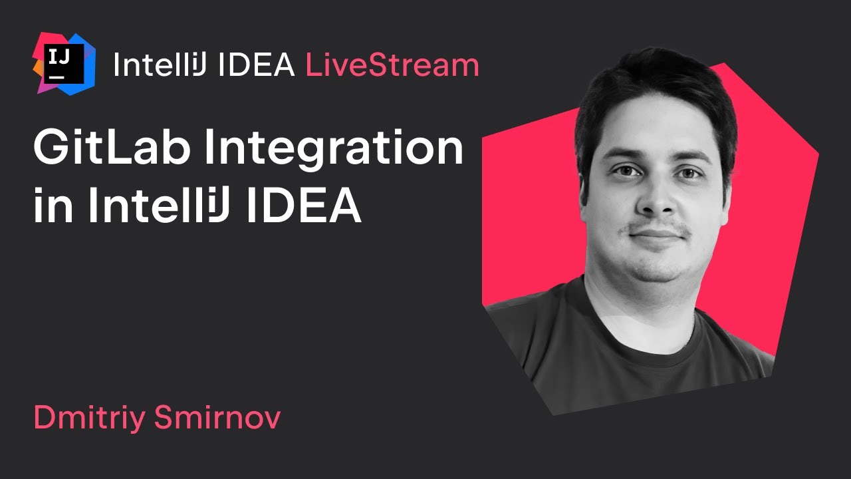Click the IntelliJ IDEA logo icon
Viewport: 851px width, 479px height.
64,63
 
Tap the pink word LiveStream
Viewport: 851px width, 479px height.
392,65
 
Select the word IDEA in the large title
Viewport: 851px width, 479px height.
304,207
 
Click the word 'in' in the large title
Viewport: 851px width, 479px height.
52,207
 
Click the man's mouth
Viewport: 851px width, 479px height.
655,235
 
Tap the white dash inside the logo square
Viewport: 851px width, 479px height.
57,76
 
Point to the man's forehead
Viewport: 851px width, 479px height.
655,136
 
